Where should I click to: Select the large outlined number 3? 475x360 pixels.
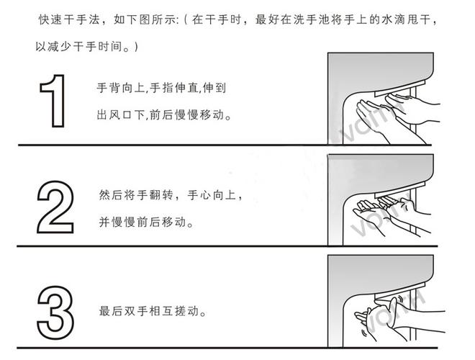point(54,311)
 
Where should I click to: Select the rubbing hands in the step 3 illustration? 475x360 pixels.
point(392,315)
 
